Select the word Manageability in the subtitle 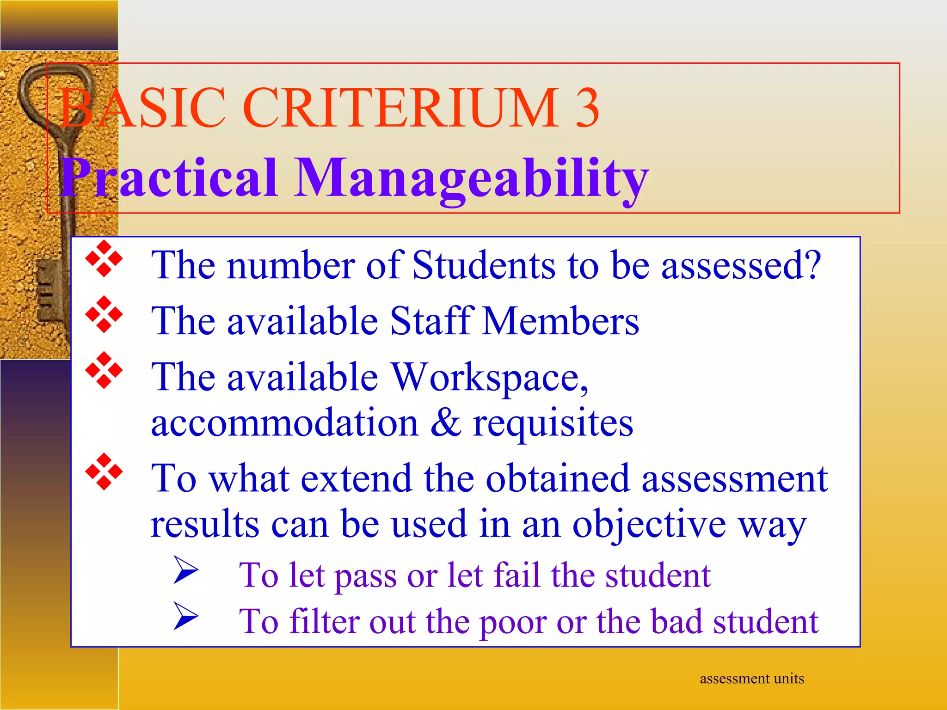[472, 178]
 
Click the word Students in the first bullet [484, 265]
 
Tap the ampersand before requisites [446, 422]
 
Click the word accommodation [285, 423]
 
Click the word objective [649, 525]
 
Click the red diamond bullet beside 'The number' [104, 258]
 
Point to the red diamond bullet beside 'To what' [104, 471]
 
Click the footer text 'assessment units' [752, 679]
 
